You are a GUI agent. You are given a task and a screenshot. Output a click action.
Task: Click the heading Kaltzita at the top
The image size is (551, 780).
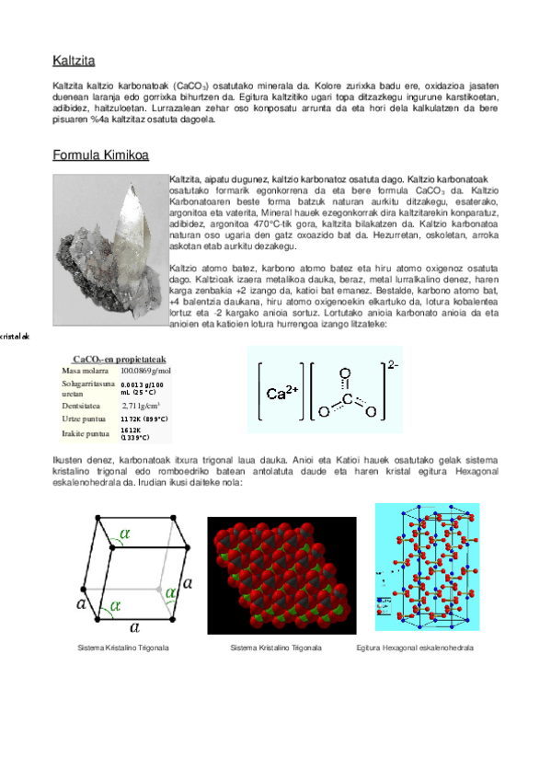point(75,63)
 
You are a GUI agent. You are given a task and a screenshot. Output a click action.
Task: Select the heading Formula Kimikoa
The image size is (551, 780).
point(101,155)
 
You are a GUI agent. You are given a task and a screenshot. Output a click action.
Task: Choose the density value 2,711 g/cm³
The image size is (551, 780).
point(141,404)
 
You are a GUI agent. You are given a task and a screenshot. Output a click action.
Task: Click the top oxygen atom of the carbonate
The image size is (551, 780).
point(345,374)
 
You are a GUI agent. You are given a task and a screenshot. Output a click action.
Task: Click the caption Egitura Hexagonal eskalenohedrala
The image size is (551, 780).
point(415,648)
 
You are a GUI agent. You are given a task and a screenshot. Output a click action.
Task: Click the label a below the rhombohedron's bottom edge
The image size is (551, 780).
point(134,627)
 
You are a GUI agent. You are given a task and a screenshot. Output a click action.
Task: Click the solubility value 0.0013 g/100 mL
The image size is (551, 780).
point(142,387)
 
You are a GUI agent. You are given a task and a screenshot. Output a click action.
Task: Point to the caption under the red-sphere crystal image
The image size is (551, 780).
point(276,648)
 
